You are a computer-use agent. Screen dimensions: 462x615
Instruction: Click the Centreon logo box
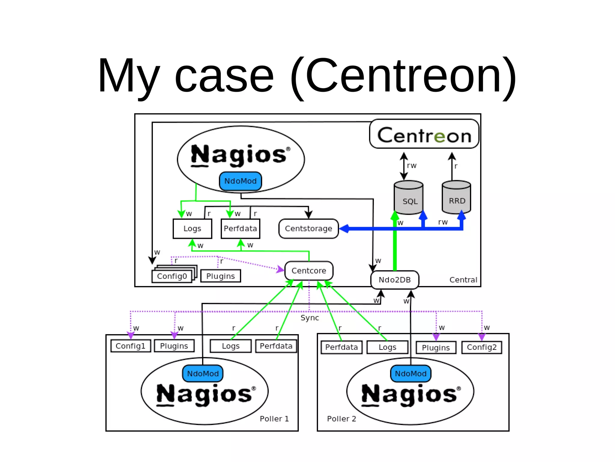point(424,134)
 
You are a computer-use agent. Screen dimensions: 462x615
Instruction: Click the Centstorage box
point(308,229)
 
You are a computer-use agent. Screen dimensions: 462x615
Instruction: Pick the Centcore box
point(309,271)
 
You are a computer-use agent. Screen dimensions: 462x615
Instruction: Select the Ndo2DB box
point(395,280)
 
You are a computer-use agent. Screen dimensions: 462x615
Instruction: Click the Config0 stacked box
point(172,276)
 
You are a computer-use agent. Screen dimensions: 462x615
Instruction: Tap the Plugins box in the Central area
point(220,276)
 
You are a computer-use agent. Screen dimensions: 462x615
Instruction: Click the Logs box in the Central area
point(192,229)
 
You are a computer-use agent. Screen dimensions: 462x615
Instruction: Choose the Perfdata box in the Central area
point(240,229)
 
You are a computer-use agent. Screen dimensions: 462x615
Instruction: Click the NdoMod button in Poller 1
point(203,374)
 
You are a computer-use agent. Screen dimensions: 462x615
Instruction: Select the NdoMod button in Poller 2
point(411,374)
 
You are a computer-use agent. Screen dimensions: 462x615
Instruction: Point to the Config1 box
point(131,346)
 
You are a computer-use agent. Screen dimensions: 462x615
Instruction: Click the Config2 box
point(482,347)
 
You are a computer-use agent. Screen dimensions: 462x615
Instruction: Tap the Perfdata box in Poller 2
point(341,347)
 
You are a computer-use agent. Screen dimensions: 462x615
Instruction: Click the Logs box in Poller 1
point(231,346)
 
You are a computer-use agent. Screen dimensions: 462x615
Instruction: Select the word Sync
point(310,318)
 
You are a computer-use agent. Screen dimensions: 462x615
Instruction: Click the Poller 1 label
point(274,419)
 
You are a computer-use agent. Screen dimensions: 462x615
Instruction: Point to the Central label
point(463,280)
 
